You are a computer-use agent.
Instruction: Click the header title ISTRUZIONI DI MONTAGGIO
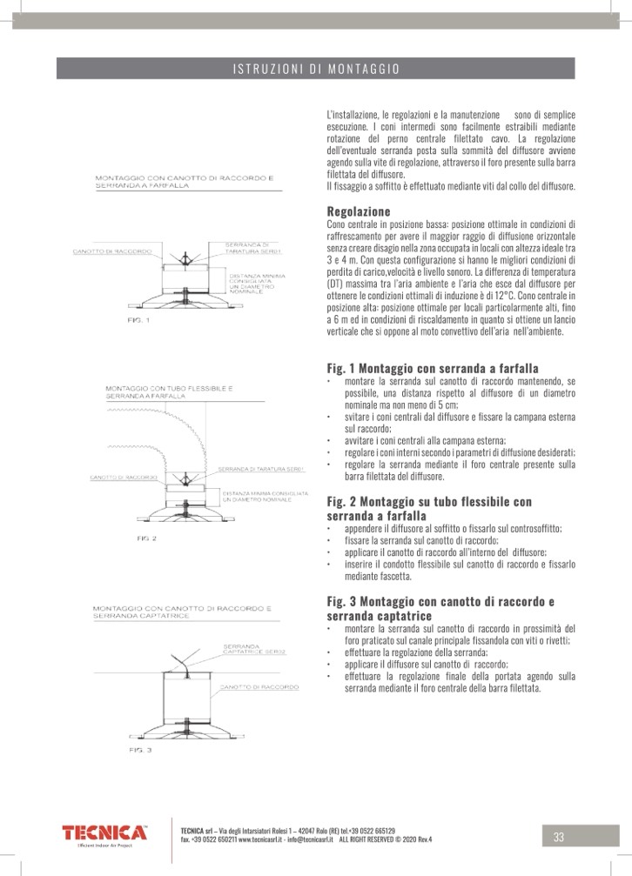316,68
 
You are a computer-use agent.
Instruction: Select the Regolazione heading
359,212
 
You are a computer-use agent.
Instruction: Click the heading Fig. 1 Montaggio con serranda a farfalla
433,367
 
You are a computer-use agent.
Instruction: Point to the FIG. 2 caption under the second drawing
146,539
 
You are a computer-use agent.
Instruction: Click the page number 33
559,837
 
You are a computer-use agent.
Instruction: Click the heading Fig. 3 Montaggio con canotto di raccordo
440,601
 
